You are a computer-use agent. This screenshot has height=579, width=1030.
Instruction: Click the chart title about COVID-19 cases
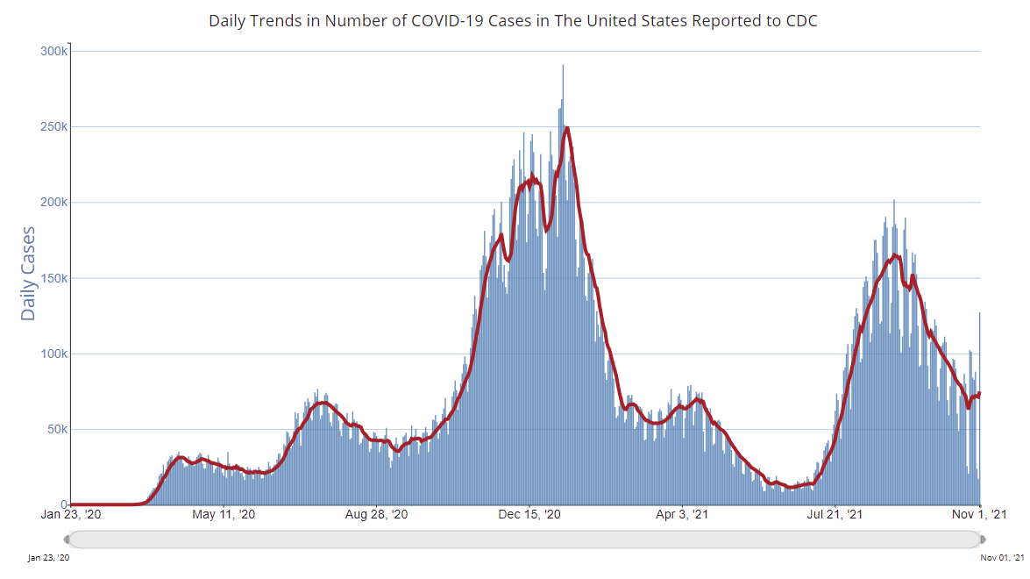(513, 20)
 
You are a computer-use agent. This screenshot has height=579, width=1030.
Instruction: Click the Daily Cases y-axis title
(28, 273)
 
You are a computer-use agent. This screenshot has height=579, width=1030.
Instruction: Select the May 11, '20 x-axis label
(224, 515)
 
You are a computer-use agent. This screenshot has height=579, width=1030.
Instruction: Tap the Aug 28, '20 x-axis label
(376, 515)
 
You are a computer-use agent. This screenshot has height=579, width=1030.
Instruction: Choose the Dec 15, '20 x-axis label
(529, 515)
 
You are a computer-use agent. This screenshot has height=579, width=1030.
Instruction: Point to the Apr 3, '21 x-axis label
(683, 515)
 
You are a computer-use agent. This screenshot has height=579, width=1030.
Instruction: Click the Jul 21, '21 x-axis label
(835, 515)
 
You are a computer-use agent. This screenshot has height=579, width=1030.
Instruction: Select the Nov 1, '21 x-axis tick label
(980, 515)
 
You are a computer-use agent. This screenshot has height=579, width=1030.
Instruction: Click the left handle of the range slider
(67, 539)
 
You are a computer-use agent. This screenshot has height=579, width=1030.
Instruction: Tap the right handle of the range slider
(982, 539)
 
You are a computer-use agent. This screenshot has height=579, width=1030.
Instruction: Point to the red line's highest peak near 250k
(568, 128)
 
